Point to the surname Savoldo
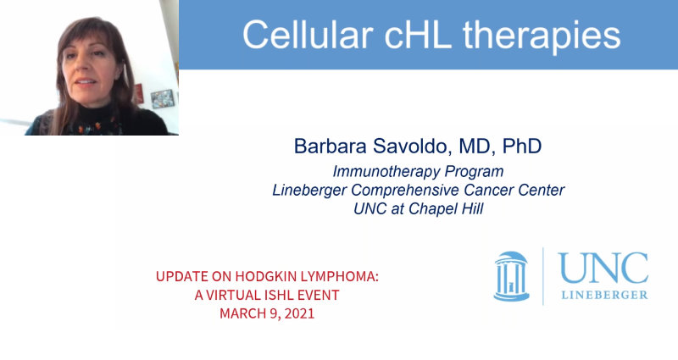pos(416,146)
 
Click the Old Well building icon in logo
pos(512,275)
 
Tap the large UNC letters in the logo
pos(603,269)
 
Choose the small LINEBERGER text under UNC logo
pos(603,294)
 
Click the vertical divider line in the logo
pos(543,275)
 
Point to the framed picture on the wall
pos(162,98)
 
